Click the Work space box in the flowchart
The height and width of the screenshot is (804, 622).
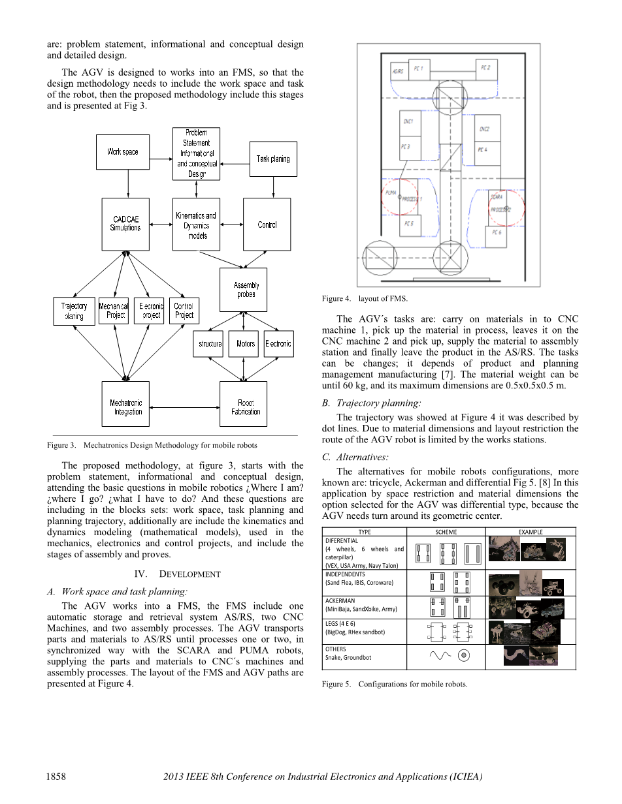(x=123, y=152)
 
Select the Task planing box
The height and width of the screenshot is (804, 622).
(x=273, y=159)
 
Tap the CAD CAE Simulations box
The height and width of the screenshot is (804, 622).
(x=125, y=224)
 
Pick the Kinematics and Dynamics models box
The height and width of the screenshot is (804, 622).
(x=196, y=224)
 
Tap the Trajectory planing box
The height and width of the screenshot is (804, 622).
(x=74, y=311)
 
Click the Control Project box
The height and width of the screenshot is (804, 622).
(x=184, y=311)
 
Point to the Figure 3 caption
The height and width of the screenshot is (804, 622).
(x=152, y=445)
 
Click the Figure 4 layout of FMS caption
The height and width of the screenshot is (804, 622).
(x=365, y=298)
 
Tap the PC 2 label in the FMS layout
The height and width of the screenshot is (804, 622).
(x=485, y=68)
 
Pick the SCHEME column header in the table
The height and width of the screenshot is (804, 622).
(x=446, y=532)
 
